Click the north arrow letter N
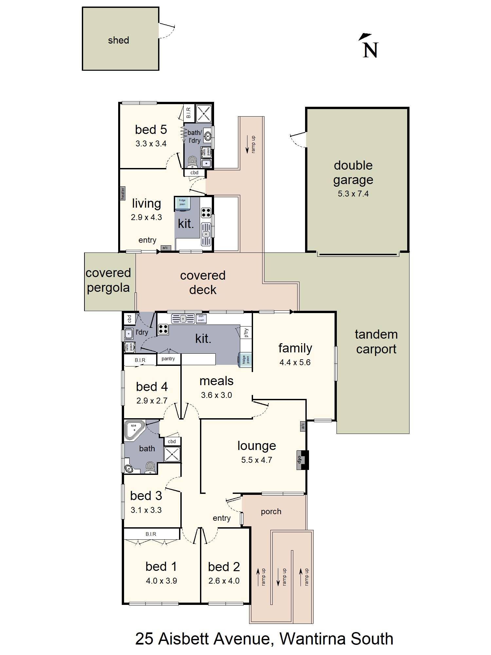point(370,50)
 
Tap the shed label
point(118,40)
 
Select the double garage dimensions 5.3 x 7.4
point(353,194)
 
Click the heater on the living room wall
point(123,193)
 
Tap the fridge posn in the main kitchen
point(245,360)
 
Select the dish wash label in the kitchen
point(201,318)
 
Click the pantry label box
point(168,359)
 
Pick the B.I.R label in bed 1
point(151,534)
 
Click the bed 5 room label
point(151,130)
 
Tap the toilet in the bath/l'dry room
point(192,161)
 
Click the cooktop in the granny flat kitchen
point(206,213)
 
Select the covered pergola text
point(108,280)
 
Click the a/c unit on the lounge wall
point(303,426)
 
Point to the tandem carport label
point(376,342)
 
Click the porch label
point(271,512)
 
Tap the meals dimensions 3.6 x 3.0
point(216,395)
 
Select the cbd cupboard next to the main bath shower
point(172,441)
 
